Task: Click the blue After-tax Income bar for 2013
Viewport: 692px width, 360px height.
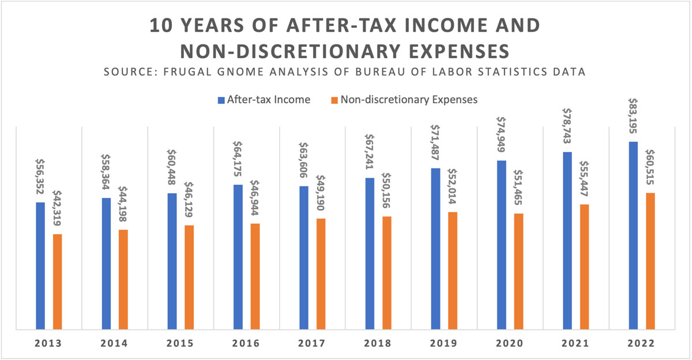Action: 40,266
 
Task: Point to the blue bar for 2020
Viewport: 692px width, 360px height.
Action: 502,245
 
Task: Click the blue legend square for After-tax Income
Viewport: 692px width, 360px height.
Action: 221,100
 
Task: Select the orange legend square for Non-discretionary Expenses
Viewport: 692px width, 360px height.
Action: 333,100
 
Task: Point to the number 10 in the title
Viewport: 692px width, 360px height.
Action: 161,26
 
